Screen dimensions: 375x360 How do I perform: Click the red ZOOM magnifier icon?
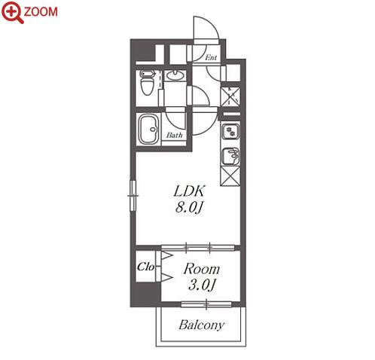tap(12, 12)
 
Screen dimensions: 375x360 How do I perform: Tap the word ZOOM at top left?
tap(41, 12)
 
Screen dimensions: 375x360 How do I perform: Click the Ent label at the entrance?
tap(211, 57)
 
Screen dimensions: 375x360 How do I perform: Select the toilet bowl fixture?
tap(147, 82)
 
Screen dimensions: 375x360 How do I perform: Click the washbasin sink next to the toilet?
tap(175, 75)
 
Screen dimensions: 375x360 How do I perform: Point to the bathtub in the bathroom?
tap(149, 130)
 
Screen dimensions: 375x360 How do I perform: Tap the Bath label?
tap(174, 136)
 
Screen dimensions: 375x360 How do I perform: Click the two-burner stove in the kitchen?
tap(230, 132)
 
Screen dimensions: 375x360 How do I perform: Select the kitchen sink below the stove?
tap(230, 157)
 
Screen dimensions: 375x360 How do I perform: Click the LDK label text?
tap(189, 191)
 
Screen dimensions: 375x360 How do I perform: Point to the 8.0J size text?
tap(189, 208)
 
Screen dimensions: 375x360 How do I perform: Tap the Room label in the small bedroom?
tap(202, 269)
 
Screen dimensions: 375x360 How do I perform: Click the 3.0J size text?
tap(202, 285)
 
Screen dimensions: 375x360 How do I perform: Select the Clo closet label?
tap(145, 267)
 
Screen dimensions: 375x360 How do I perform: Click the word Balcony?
tap(201, 325)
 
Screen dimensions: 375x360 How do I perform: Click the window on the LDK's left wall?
tap(133, 196)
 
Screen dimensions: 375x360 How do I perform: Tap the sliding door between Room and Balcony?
tap(206, 304)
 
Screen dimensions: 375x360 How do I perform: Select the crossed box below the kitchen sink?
tap(230, 176)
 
